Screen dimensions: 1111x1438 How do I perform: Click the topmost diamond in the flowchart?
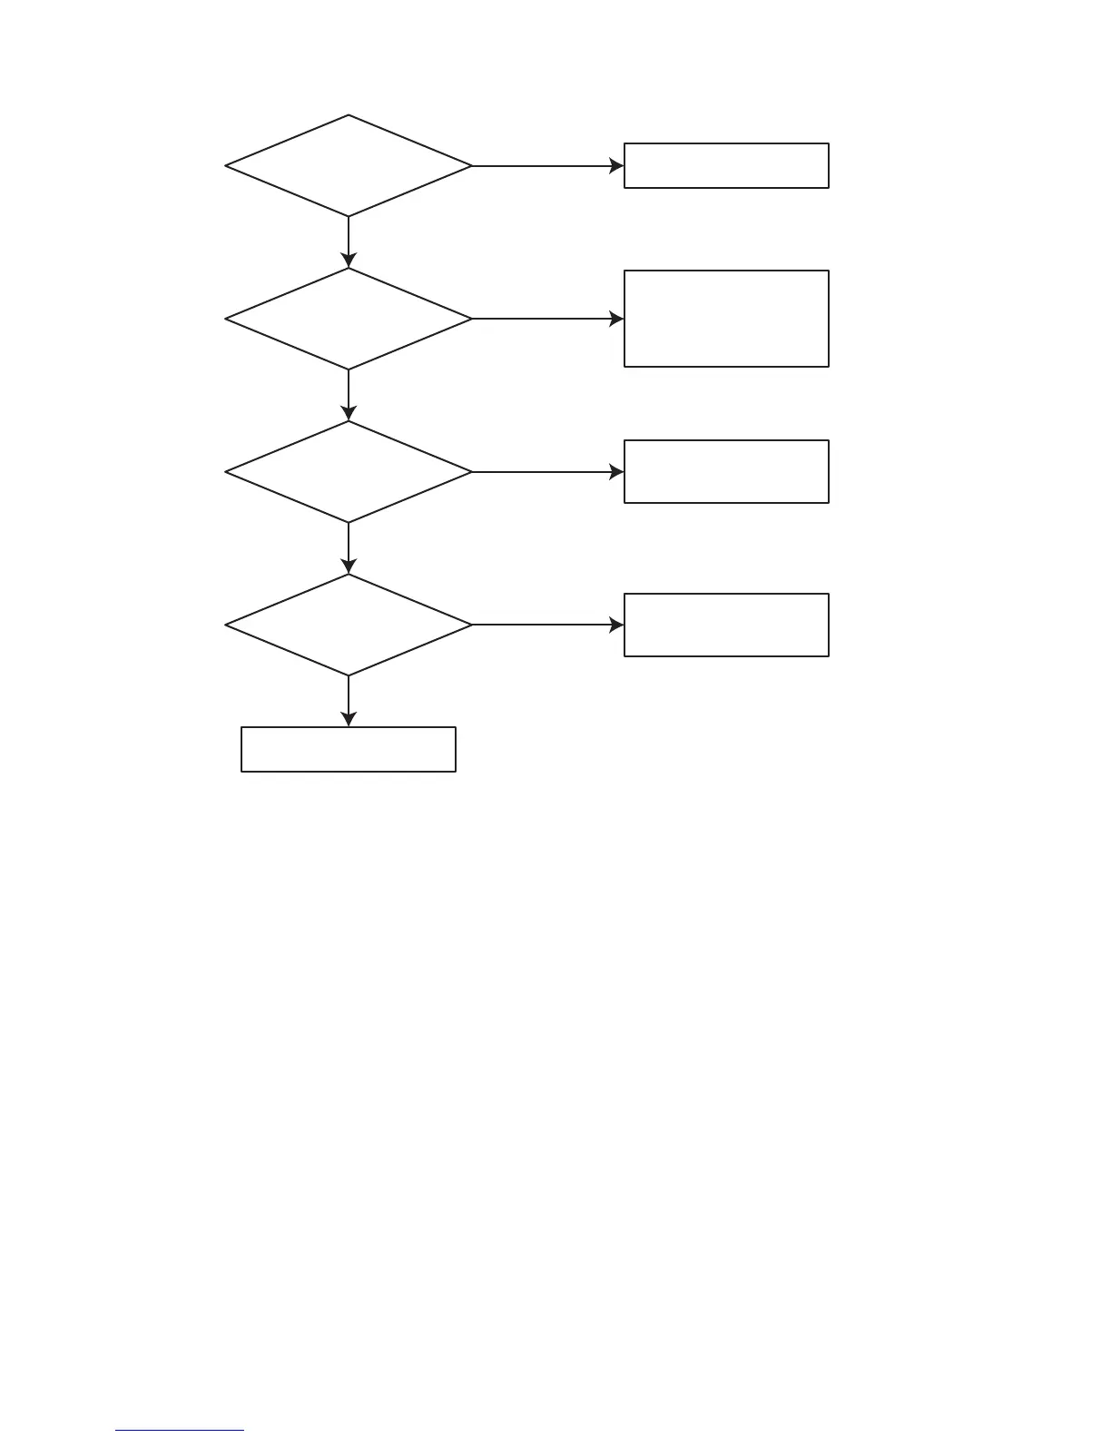[x=349, y=166]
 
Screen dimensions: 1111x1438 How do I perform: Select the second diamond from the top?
[x=349, y=319]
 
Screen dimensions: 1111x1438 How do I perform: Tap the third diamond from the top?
[x=349, y=472]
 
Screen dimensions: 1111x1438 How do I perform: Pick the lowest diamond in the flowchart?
[x=349, y=625]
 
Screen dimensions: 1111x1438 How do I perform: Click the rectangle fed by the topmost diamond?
[x=726, y=165]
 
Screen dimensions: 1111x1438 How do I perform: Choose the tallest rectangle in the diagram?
[x=726, y=319]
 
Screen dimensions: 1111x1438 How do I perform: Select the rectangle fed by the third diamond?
[x=726, y=472]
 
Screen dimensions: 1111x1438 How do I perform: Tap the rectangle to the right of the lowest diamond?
[x=726, y=625]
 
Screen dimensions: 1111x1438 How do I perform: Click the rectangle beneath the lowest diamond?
[x=349, y=749]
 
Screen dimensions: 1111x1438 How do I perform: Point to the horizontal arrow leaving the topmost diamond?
[x=545, y=166]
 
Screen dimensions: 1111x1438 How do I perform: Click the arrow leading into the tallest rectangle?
[x=545, y=319]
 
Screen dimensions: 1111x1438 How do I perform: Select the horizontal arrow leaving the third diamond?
[x=545, y=472]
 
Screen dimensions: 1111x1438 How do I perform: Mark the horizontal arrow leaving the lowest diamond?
[x=545, y=625]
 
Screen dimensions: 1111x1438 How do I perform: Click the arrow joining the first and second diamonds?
[x=349, y=241]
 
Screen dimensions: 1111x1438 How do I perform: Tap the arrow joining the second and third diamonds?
[x=349, y=394]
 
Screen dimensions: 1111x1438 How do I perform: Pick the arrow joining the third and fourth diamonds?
[x=349, y=547]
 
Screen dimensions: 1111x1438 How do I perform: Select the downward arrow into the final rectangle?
[x=349, y=700]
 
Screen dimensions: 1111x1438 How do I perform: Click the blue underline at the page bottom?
[x=180, y=1431]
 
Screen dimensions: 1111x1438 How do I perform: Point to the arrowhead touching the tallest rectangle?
[x=617, y=319]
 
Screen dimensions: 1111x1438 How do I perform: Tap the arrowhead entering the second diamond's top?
[x=349, y=261]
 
